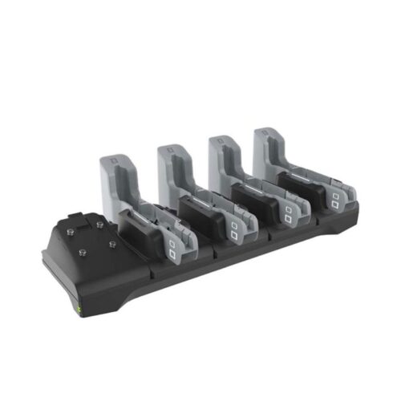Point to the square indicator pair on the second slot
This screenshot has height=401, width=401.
(x=234, y=230)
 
